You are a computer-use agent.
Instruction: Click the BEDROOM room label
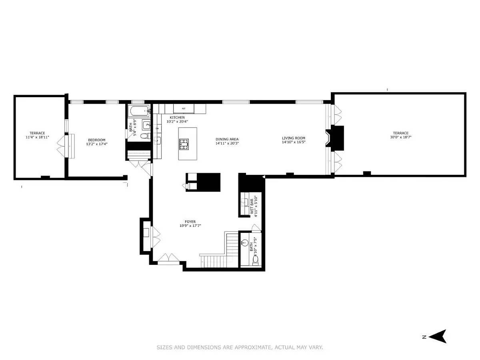tap(97, 140)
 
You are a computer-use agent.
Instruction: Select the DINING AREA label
tap(227, 139)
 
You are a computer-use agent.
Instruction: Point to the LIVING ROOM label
tap(293, 138)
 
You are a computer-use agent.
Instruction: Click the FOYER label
tap(190, 222)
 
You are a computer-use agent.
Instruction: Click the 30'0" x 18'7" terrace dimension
tap(400, 137)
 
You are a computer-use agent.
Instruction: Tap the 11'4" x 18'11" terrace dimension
tap(37, 137)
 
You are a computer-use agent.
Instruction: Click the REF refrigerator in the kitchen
tap(184, 108)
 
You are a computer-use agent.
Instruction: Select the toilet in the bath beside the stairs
tap(256, 260)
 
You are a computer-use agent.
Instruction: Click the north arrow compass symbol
tap(439, 336)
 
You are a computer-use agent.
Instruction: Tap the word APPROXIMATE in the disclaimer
tap(250, 348)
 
